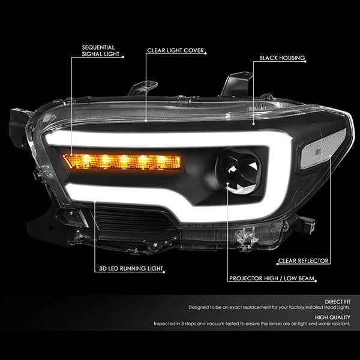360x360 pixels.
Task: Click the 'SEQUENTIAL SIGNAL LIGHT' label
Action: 101,51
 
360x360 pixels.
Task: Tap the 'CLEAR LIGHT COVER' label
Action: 175,50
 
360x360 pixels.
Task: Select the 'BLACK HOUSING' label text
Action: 282,58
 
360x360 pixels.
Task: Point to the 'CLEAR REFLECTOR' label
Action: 303,261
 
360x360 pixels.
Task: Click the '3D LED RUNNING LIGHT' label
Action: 131,268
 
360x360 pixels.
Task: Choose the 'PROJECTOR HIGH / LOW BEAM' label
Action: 272,278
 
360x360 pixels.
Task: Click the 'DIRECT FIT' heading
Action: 337,302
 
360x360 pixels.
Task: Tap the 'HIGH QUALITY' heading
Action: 332,317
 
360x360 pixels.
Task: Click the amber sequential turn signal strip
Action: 122,161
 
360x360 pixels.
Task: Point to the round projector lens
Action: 239,171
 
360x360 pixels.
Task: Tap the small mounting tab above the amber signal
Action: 143,88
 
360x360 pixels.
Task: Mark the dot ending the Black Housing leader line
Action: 253,124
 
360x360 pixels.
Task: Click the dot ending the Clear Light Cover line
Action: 146,120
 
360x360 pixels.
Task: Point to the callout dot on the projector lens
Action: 228,184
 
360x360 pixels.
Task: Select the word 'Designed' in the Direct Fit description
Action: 199,307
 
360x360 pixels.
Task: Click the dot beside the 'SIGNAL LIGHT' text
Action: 123,57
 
